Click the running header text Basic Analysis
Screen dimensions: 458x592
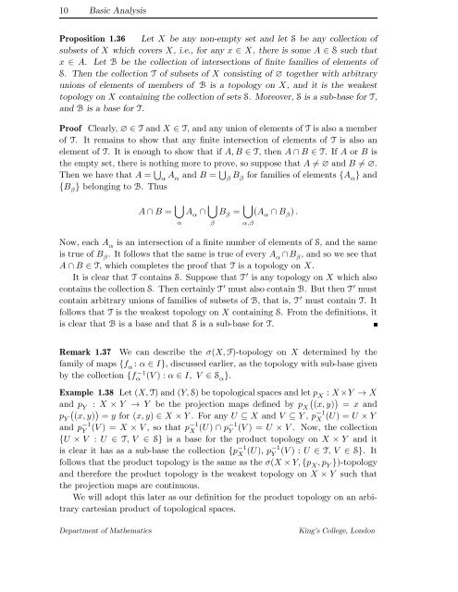point(76,11)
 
